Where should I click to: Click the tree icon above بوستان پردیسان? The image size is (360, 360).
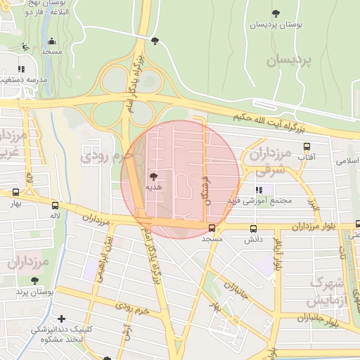275,13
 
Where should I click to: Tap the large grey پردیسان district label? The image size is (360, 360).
288,60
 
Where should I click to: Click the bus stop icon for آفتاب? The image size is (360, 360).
306,146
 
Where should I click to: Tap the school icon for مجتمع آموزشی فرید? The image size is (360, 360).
259,190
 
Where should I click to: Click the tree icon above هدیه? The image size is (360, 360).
153,176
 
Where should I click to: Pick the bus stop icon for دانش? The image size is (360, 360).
254,229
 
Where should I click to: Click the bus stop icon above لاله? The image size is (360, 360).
55,205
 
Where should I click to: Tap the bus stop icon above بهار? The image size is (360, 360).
15,192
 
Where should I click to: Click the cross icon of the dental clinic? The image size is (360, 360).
62,319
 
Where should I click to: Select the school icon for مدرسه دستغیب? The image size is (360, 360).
21,69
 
